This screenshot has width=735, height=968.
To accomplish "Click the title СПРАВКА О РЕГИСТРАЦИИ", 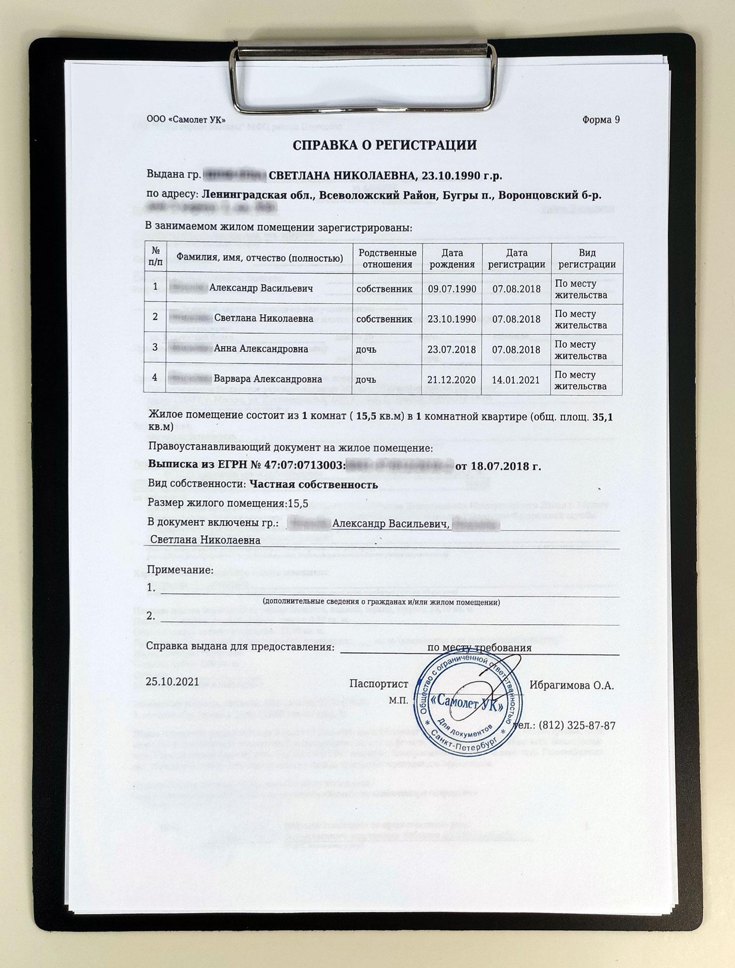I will (385, 146).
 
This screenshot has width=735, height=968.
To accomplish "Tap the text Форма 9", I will (600, 120).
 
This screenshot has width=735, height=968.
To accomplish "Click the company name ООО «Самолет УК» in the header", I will (185, 120).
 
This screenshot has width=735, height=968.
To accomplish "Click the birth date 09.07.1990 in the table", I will (452, 289).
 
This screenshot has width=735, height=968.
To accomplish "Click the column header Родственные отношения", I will (387, 258).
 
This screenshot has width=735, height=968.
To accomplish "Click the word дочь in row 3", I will (366, 349).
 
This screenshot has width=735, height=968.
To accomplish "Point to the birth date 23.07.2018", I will (452, 349).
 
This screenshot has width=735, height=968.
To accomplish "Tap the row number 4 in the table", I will (155, 377).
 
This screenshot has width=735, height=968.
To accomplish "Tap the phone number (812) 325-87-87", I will (577, 725).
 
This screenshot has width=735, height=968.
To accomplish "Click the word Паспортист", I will (378, 684).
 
